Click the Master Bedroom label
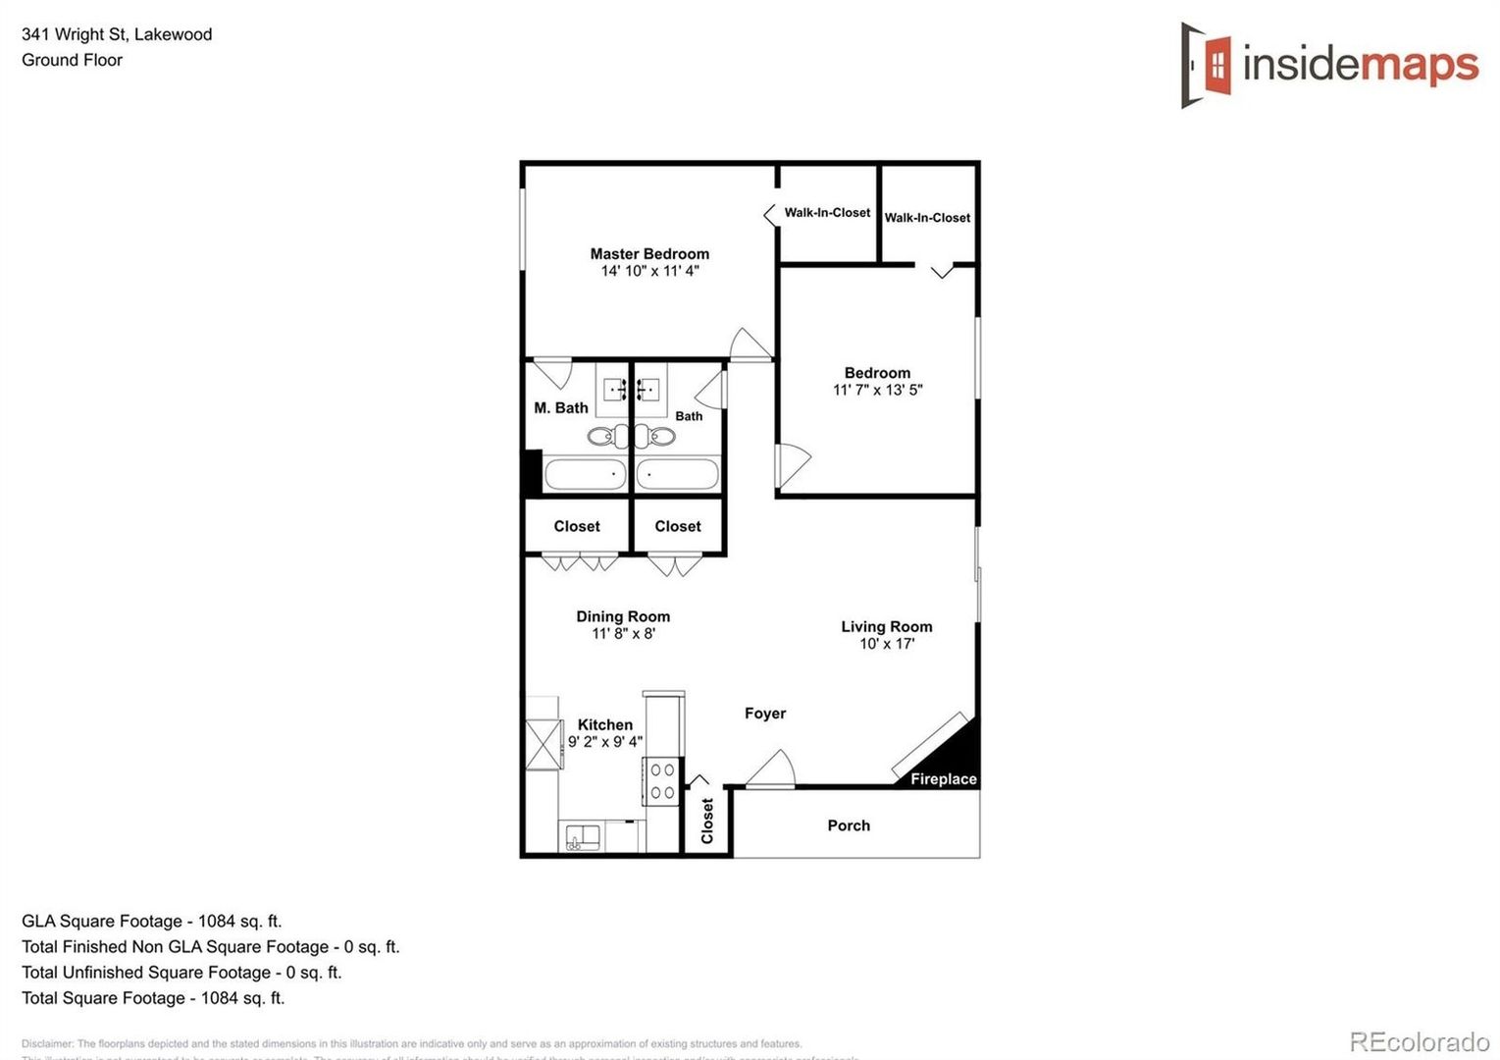click(x=648, y=253)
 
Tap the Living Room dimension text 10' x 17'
click(x=886, y=644)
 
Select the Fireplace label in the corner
click(x=943, y=778)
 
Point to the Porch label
click(x=848, y=825)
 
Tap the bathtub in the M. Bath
click(x=585, y=474)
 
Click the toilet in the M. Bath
click(x=602, y=435)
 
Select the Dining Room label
click(x=623, y=616)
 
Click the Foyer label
click(x=764, y=714)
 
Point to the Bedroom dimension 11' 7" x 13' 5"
click(x=877, y=390)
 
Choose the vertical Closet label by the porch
click(x=707, y=820)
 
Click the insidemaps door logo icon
click(x=1207, y=66)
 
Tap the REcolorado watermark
click(x=1419, y=1040)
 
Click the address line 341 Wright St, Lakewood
click(x=117, y=34)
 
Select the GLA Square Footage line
click(x=151, y=921)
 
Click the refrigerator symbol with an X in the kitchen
click(x=542, y=745)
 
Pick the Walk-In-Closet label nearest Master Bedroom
click(x=826, y=212)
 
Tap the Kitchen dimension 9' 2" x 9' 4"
click(x=604, y=742)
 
